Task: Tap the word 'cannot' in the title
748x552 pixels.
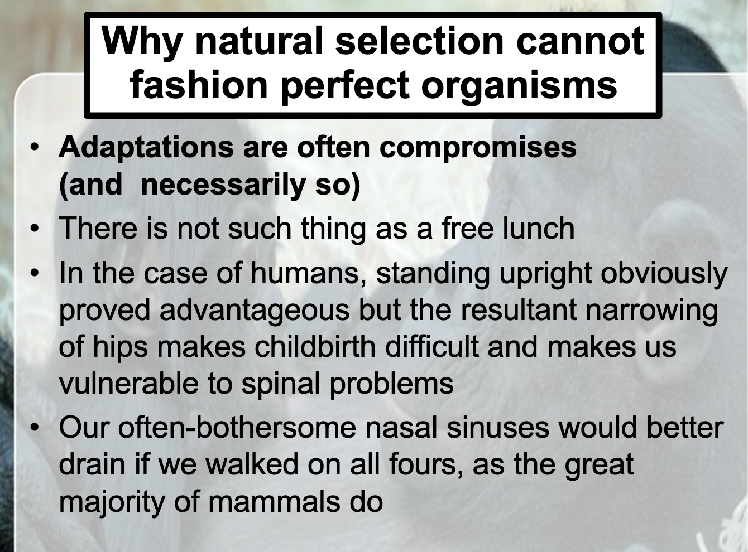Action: pos(580,41)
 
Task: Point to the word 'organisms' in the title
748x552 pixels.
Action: pos(519,86)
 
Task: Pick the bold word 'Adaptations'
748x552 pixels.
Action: pos(146,148)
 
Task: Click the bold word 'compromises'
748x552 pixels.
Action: pos(478,149)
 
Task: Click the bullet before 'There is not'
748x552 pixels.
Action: pos(35,229)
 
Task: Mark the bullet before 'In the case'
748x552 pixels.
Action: pos(35,273)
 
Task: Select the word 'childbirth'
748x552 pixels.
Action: pos(315,347)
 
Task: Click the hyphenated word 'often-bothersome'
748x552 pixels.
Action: pos(237,428)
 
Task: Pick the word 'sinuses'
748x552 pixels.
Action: pos(497,428)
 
